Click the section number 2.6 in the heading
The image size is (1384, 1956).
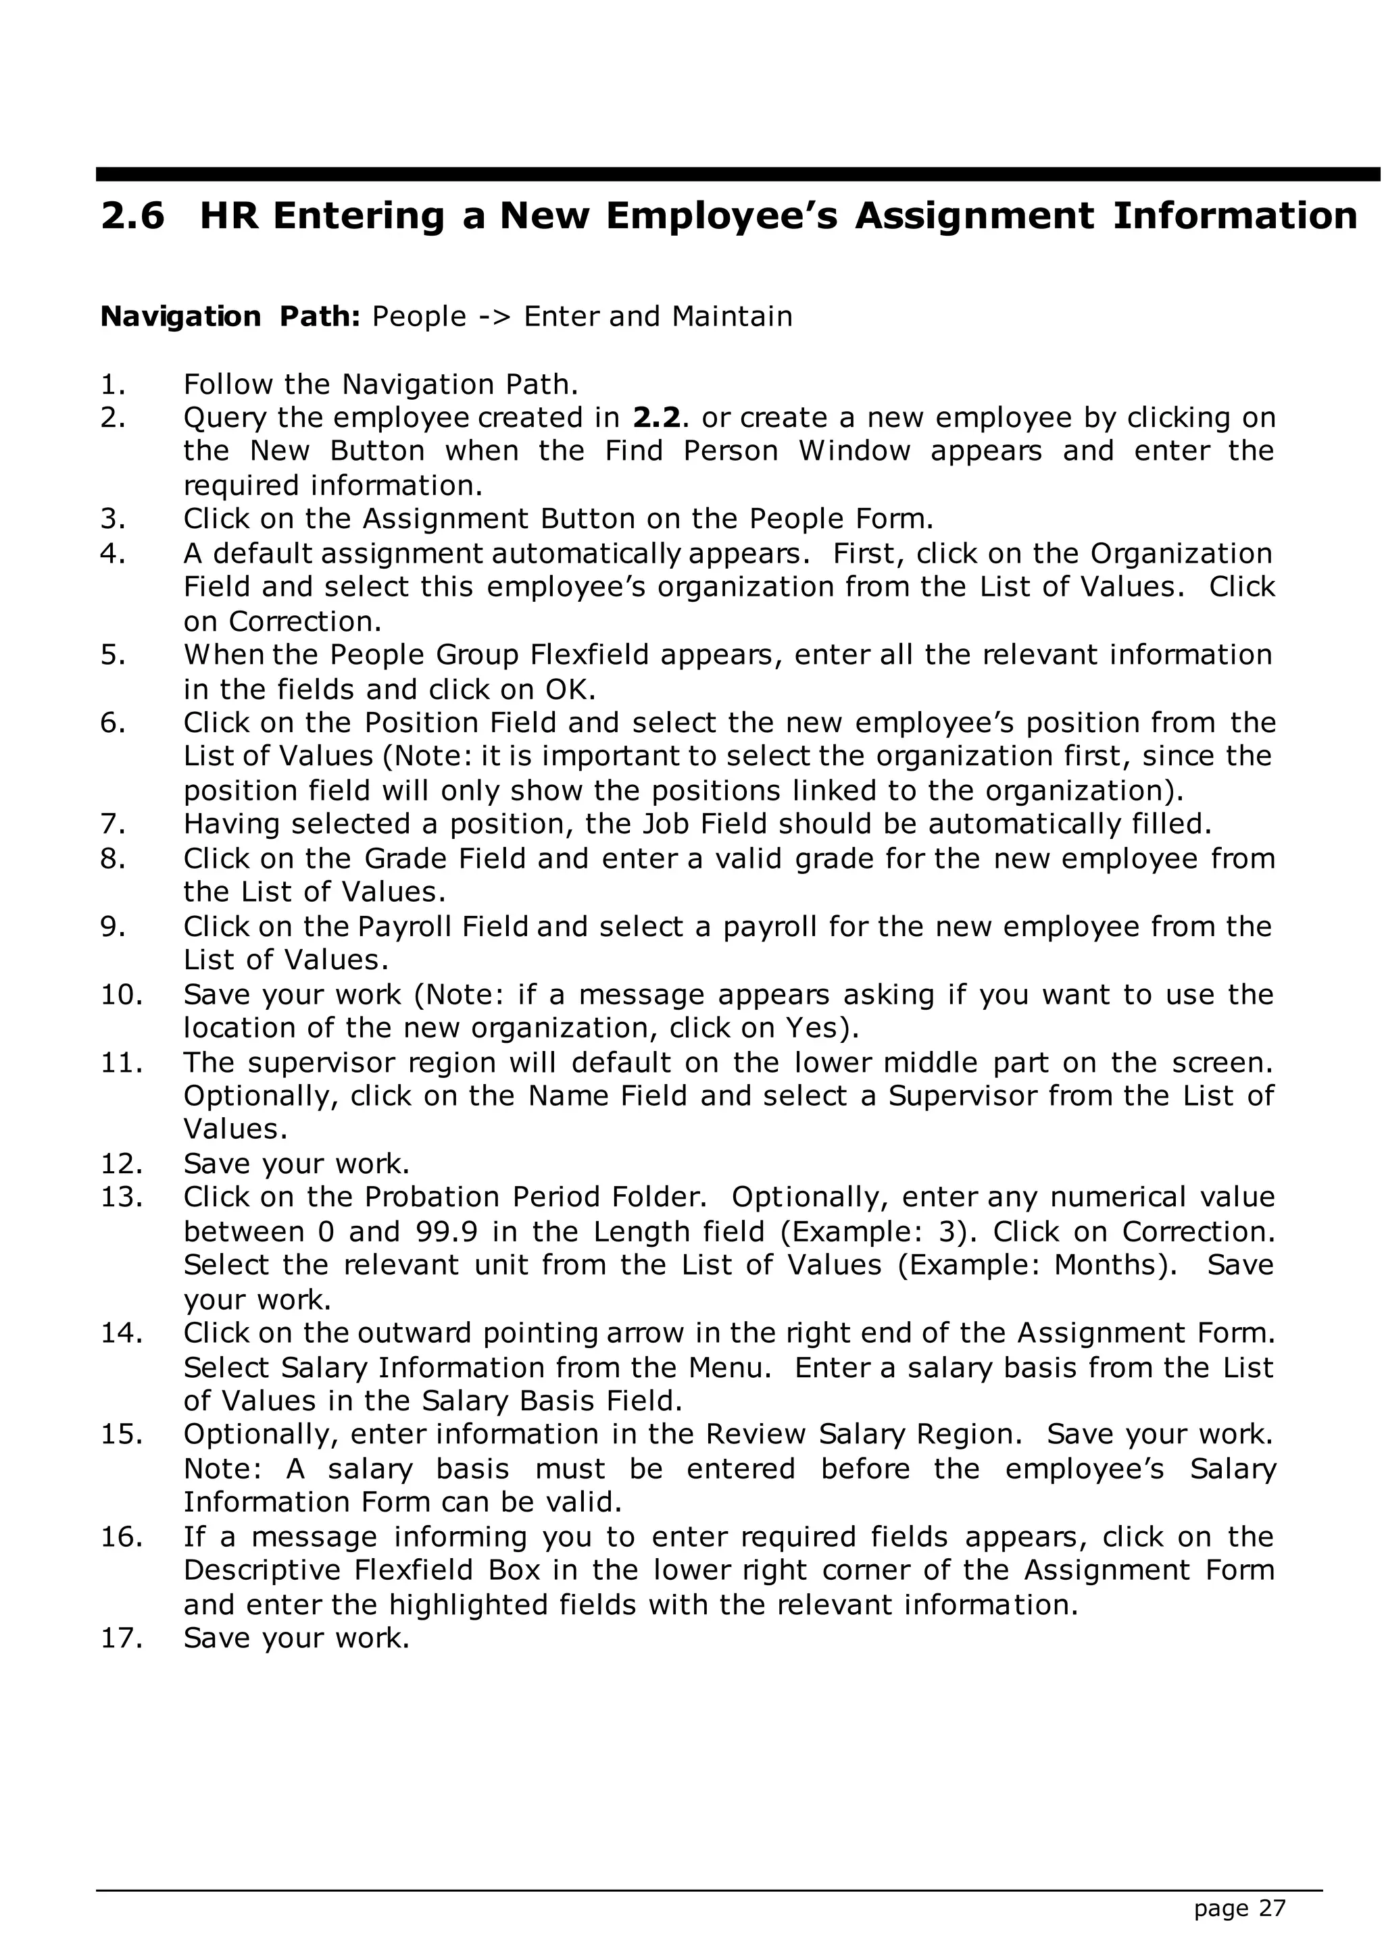point(133,216)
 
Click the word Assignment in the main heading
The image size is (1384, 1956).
point(974,216)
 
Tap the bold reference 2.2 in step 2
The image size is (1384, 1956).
point(656,418)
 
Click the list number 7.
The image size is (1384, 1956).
point(114,825)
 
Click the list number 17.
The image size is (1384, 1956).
point(120,1639)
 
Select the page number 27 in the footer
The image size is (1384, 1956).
point(1272,1909)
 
